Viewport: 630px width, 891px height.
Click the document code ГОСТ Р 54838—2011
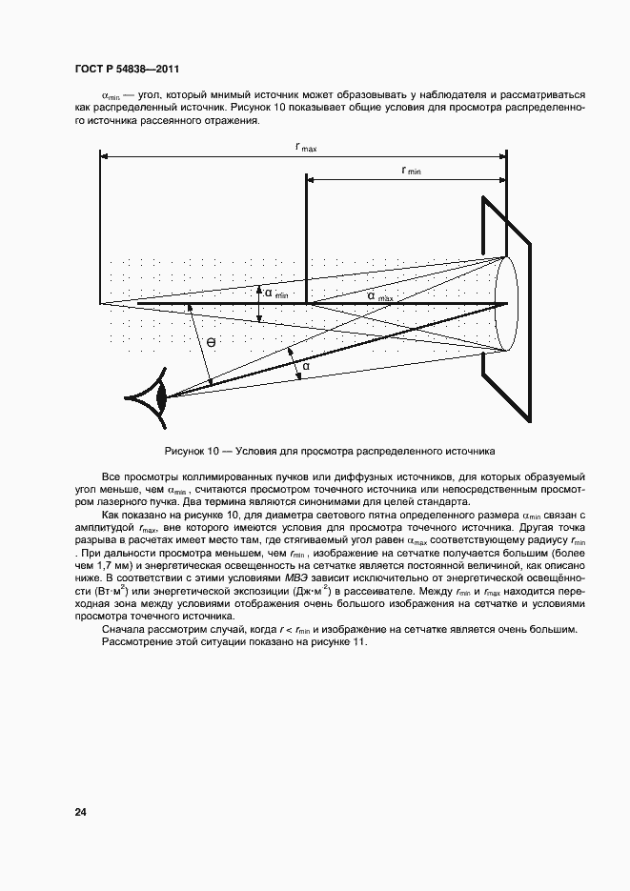click(x=127, y=71)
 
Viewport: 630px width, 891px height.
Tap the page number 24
click(x=81, y=812)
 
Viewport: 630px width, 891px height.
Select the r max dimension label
click(x=306, y=147)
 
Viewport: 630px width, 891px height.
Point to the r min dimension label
click(x=411, y=171)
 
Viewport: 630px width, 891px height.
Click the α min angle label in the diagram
click(x=275, y=294)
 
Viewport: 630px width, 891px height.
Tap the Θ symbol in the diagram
click(x=210, y=341)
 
